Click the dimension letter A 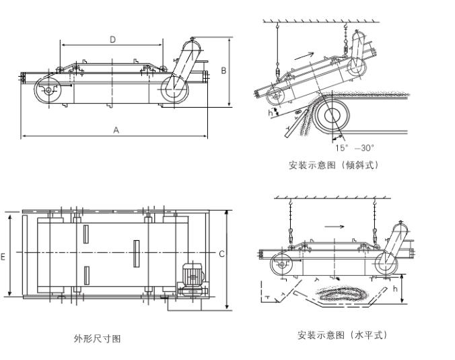pyautogui.click(x=116, y=130)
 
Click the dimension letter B pyautogui.click(x=223, y=69)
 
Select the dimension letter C pyautogui.click(x=222, y=254)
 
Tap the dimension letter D pyautogui.click(x=112, y=39)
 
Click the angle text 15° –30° pyautogui.click(x=354, y=147)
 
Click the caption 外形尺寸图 pyautogui.click(x=98, y=338)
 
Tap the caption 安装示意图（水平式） pyautogui.click(x=343, y=334)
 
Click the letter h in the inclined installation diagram pyautogui.click(x=271, y=113)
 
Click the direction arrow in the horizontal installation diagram pyautogui.click(x=334, y=226)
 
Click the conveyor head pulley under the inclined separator pyautogui.click(x=332, y=116)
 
